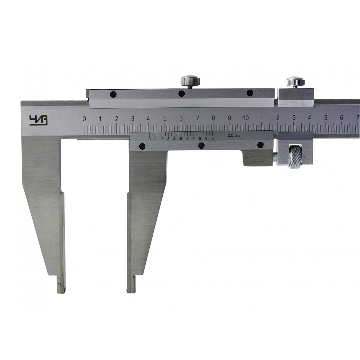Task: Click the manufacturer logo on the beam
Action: [x=39, y=120]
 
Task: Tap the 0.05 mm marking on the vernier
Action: [x=235, y=135]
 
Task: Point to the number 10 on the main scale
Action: [x=246, y=118]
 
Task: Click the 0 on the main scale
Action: [x=84, y=119]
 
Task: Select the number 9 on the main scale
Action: [x=229, y=118]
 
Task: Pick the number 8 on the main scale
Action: [x=213, y=118]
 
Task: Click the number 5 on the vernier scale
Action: [x=181, y=139]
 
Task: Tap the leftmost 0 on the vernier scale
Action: [x=150, y=139]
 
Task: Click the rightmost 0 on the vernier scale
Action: [x=213, y=138]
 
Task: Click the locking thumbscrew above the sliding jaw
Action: [x=190, y=81]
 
